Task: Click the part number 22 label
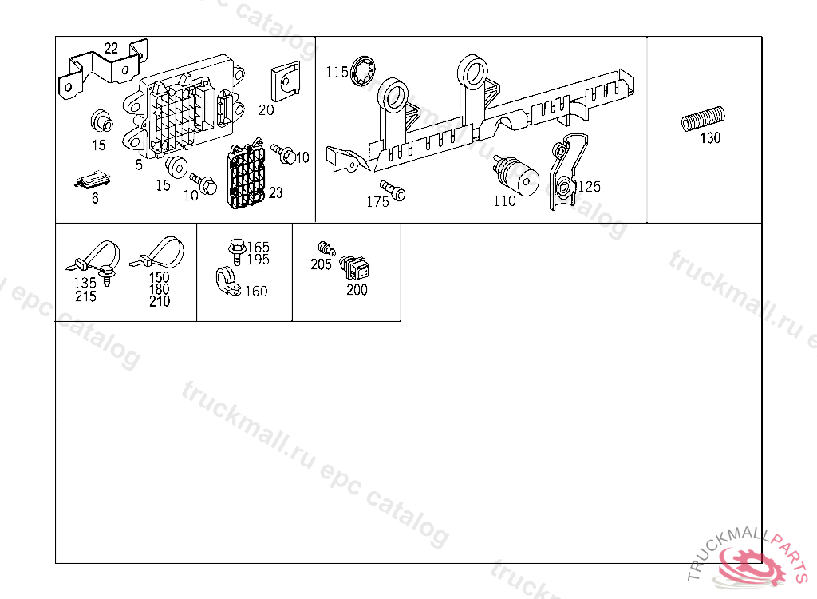pyautogui.click(x=111, y=48)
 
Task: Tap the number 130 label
pyautogui.click(x=710, y=137)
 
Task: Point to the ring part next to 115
pyautogui.click(x=363, y=71)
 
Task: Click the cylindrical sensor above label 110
pyautogui.click(x=516, y=177)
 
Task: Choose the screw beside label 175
pyautogui.click(x=393, y=190)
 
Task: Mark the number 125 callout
pyautogui.click(x=590, y=186)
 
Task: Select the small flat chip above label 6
pyautogui.click(x=93, y=180)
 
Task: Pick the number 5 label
pyautogui.click(x=139, y=165)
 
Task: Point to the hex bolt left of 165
pyautogui.click(x=237, y=252)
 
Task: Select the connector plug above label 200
pyautogui.click(x=354, y=268)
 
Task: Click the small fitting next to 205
pyautogui.click(x=326, y=248)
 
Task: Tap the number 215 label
pyautogui.click(x=85, y=296)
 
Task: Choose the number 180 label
pyautogui.click(x=160, y=289)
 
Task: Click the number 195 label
pyautogui.click(x=258, y=260)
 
